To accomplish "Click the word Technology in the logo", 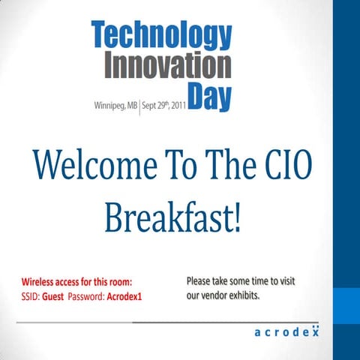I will pos(161,34).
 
